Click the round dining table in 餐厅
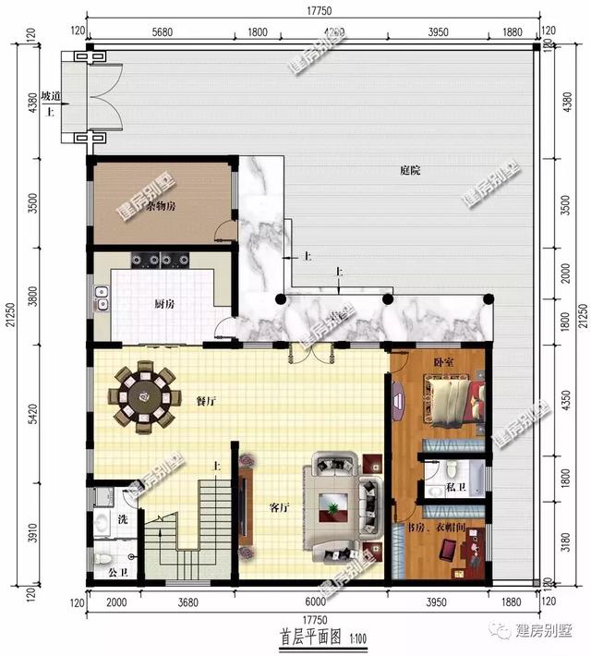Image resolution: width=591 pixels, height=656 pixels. [143, 397]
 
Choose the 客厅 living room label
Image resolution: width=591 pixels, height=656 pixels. [280, 507]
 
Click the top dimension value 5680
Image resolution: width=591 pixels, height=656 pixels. [162, 32]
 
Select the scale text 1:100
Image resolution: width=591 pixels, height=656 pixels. [356, 638]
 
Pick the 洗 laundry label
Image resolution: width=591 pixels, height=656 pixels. [122, 519]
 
